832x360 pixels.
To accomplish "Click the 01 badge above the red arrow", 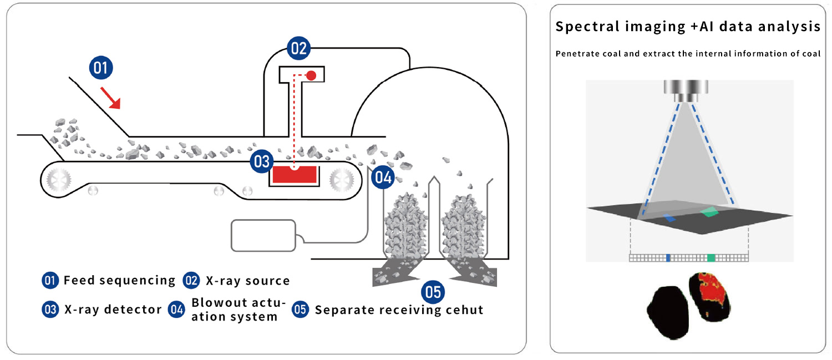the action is (100, 68).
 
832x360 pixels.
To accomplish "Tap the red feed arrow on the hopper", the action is (111, 98).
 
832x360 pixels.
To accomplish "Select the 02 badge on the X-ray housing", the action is (298, 48).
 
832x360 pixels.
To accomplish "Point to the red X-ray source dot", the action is (311, 76).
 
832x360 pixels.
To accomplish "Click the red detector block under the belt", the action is (295, 175).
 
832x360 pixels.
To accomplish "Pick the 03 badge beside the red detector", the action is (261, 161).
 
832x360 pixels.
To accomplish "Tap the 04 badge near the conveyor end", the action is (383, 177).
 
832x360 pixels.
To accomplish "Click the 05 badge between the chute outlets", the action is (433, 292).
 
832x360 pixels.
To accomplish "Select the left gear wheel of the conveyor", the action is (59, 180).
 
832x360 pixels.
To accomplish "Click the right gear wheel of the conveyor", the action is (342, 180).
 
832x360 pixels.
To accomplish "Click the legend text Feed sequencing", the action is (119, 280).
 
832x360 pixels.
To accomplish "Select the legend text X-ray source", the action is (248, 281).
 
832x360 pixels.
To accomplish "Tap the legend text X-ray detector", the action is (113, 310).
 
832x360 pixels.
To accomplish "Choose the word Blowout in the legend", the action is (214, 302).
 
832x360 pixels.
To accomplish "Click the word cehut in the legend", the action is (464, 310).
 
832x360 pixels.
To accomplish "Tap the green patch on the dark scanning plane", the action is (709, 212).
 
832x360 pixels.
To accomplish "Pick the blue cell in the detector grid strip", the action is (668, 258).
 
